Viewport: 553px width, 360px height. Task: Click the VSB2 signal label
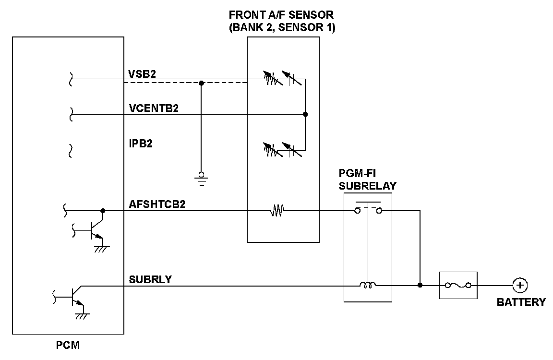pyautogui.click(x=142, y=73)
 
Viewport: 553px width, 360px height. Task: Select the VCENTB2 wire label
pyautogui.click(x=154, y=108)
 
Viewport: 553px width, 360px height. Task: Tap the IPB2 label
pyautogui.click(x=141, y=143)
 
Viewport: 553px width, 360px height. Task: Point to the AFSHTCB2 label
pyautogui.click(x=157, y=204)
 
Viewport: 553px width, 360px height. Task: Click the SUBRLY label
pyautogui.click(x=150, y=279)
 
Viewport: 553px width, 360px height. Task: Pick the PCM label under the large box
pyautogui.click(x=68, y=345)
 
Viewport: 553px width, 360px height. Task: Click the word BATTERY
pyautogui.click(x=521, y=302)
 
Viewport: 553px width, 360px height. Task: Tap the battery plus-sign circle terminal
pyautogui.click(x=519, y=286)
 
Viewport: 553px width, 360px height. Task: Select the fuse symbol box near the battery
pyautogui.click(x=458, y=286)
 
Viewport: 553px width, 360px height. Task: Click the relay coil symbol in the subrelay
pyautogui.click(x=368, y=286)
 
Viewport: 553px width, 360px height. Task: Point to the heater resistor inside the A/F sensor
pyautogui.click(x=277, y=210)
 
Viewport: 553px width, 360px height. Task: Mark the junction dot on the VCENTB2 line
pyautogui.click(x=305, y=114)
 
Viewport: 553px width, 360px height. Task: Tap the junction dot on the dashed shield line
pyautogui.click(x=202, y=83)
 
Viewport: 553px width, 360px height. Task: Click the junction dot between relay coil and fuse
pyautogui.click(x=420, y=286)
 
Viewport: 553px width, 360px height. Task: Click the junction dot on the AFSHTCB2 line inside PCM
pyautogui.click(x=103, y=210)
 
